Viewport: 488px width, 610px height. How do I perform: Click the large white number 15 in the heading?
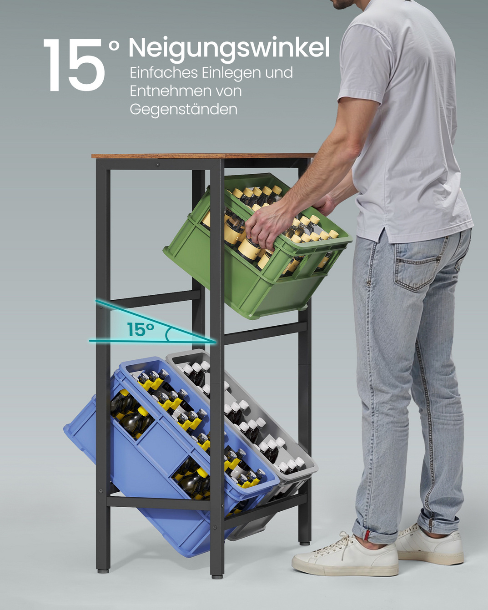click(74, 65)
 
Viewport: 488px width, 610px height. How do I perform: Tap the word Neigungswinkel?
click(229, 48)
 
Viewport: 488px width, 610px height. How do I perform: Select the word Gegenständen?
click(184, 109)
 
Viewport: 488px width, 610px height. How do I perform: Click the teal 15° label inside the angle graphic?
click(141, 329)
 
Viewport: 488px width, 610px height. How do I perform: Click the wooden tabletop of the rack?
click(203, 156)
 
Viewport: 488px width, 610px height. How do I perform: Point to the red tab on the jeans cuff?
click(367, 535)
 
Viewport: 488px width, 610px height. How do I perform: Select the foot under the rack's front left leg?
click(102, 570)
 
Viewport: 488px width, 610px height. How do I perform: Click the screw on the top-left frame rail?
click(157, 164)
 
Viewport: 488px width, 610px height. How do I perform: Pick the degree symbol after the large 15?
click(114, 45)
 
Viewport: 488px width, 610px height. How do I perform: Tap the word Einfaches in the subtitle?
click(164, 73)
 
